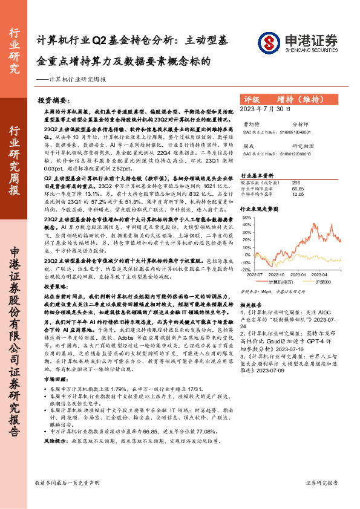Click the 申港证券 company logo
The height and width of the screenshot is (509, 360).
(x=297, y=44)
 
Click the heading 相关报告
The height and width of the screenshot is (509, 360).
(x=252, y=305)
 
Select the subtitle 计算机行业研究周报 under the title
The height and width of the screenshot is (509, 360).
(x=79, y=79)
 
